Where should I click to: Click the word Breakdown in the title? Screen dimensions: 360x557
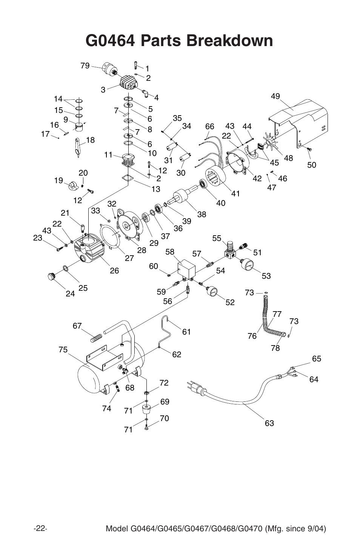(x=230, y=40)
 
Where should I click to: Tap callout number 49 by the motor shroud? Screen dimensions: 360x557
(x=275, y=96)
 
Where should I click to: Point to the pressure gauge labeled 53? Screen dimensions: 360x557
(x=247, y=265)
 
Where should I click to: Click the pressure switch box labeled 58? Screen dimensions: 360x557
(x=186, y=268)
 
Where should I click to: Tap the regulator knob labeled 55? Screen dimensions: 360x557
(x=230, y=246)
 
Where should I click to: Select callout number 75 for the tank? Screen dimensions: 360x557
(x=63, y=350)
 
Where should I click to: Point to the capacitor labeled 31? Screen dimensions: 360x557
(x=171, y=148)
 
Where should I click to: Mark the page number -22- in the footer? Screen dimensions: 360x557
(x=40, y=527)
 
